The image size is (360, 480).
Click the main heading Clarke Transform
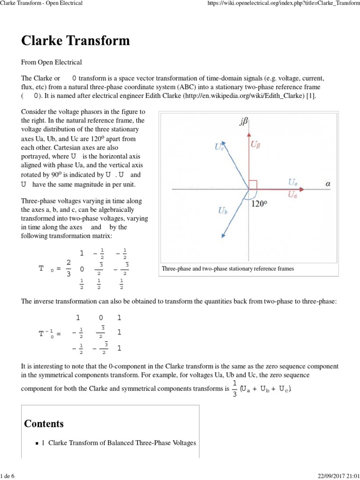pyautogui.click(x=75, y=41)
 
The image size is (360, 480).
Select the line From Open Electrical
pyautogui.click(x=52, y=62)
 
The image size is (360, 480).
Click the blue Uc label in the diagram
pyautogui.click(x=219, y=147)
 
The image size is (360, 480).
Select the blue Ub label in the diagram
pyautogui.click(x=223, y=211)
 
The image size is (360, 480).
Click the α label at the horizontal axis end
pyautogui.click(x=328, y=184)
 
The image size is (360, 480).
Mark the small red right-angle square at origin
pyautogui.click(x=253, y=185)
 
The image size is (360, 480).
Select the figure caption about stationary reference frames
pyautogui.click(x=228, y=269)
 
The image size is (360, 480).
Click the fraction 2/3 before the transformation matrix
pyautogui.click(x=68, y=268)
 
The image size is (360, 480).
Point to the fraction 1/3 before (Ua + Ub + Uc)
pyautogui.click(x=234, y=389)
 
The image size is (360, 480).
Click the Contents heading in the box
pyautogui.click(x=44, y=424)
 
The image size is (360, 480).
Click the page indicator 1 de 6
pyautogui.click(x=7, y=476)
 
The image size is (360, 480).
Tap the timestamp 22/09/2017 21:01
pyautogui.click(x=338, y=476)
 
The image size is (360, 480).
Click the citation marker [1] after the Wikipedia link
pyautogui.click(x=312, y=96)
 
